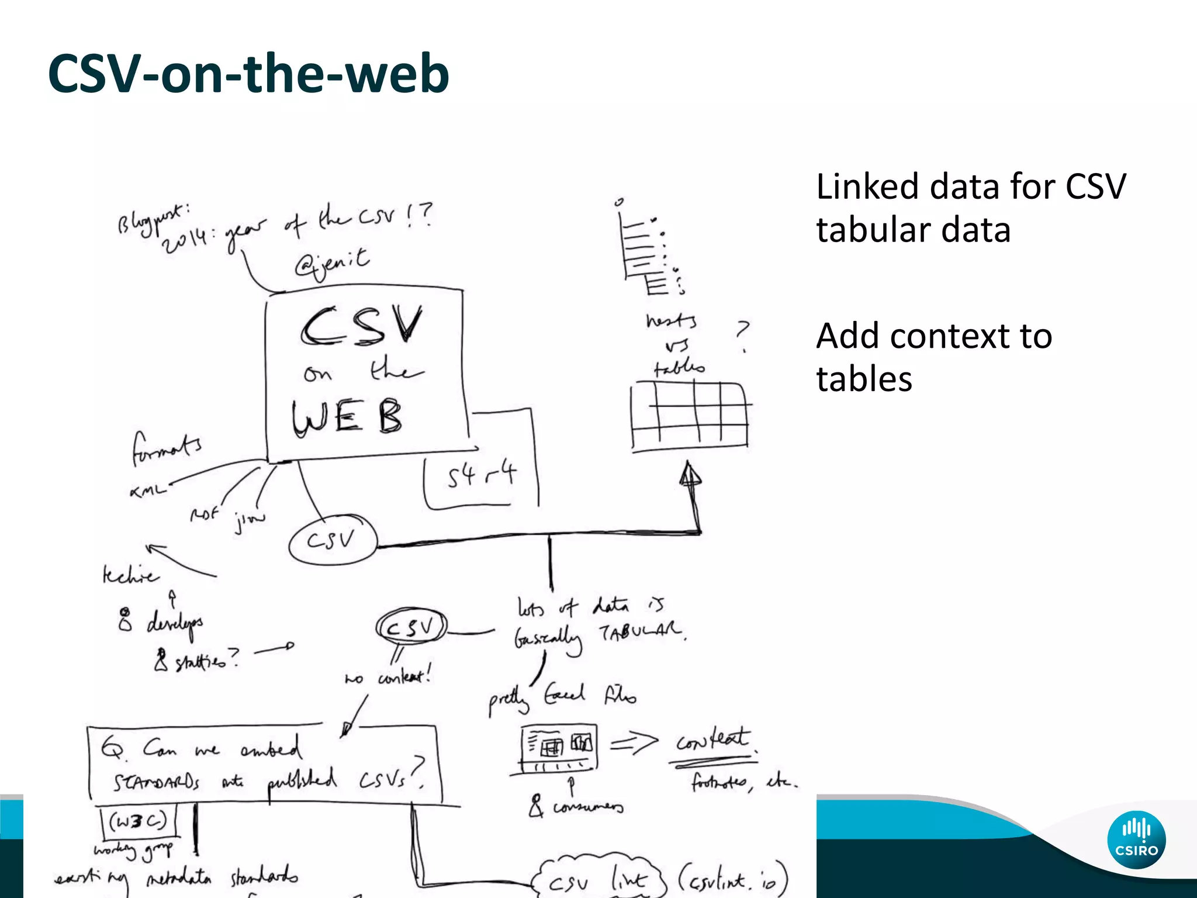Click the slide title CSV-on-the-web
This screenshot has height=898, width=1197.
(248, 74)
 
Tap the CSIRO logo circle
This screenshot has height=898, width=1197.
(1136, 840)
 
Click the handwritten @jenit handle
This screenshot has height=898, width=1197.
(332, 263)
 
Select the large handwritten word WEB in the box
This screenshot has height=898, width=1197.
(347, 416)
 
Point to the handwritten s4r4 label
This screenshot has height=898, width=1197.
(482, 475)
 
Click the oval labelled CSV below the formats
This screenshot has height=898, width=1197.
(332, 540)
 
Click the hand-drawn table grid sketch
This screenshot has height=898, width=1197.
(690, 416)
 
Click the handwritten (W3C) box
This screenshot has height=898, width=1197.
(138, 821)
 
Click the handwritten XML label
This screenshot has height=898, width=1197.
(147, 490)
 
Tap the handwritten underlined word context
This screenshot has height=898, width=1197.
(712, 741)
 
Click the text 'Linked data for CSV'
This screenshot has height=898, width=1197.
(970, 187)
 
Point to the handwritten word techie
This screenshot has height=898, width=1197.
(130, 575)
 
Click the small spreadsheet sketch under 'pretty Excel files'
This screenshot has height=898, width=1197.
(559, 747)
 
